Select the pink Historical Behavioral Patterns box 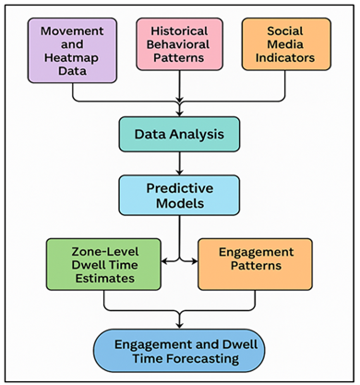178,45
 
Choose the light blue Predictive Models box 178,194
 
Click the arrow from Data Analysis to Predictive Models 178,162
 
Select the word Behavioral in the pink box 178,45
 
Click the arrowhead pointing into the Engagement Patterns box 195,261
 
